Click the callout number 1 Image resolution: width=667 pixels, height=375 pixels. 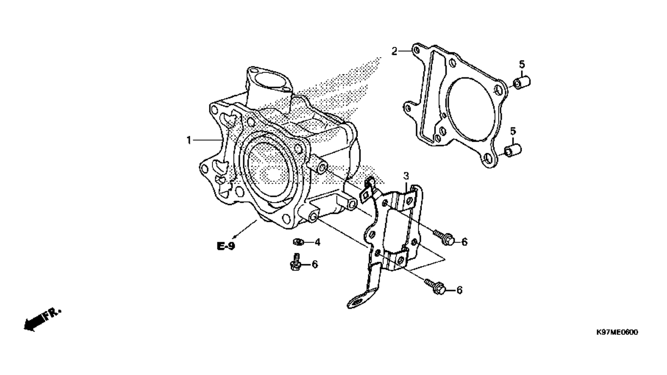pyautogui.click(x=188, y=140)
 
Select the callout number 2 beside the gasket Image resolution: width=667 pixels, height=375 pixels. pyautogui.click(x=394, y=52)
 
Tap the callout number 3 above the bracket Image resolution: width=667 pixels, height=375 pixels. pyautogui.click(x=406, y=176)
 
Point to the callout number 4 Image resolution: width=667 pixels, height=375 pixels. pyautogui.click(x=317, y=242)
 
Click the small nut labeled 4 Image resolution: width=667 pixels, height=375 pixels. pyautogui.click(x=298, y=242)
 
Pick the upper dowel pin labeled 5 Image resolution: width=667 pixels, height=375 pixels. pyautogui.click(x=521, y=83)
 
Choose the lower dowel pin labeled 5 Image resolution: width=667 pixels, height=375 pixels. pyautogui.click(x=512, y=150)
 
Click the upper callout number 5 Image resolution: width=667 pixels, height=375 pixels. pyautogui.click(x=522, y=64)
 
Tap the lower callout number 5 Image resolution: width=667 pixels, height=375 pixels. pyautogui.click(x=513, y=131)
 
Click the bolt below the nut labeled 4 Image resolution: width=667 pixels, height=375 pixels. pyautogui.click(x=296, y=262)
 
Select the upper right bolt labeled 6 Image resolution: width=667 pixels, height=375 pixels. pyautogui.click(x=444, y=237)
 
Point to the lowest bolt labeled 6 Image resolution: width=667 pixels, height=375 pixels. pyautogui.click(x=435, y=287)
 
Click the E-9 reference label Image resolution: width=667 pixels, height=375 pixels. pyautogui.click(x=226, y=246)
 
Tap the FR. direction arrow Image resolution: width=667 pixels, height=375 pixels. pyautogui.click(x=42, y=320)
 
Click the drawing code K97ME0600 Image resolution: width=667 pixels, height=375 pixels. pyautogui.click(x=617, y=333)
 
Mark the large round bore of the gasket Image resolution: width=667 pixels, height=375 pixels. pyautogui.click(x=471, y=108)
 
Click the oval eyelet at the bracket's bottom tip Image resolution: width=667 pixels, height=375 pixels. pyautogui.click(x=357, y=301)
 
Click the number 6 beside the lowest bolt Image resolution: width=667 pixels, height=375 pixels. pyautogui.click(x=459, y=290)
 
